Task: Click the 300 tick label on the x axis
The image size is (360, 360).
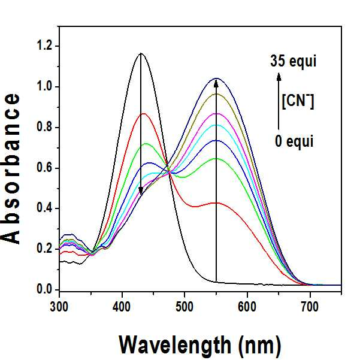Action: (x=59, y=307)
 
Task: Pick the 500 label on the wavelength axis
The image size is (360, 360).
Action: (x=184, y=307)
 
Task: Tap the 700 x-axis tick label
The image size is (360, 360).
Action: (x=310, y=307)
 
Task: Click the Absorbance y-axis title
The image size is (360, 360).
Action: (x=11, y=169)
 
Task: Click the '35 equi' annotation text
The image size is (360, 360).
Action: (x=293, y=62)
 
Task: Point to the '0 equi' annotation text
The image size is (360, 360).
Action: (x=294, y=141)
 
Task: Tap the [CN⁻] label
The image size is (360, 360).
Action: (x=298, y=102)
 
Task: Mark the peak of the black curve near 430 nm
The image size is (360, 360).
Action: (x=141, y=53)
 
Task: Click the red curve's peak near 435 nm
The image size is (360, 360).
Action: (x=144, y=114)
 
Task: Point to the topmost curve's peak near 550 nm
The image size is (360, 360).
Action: (x=216, y=78)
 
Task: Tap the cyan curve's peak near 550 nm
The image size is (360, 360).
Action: (x=216, y=125)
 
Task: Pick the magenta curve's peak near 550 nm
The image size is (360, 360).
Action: (x=216, y=114)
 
